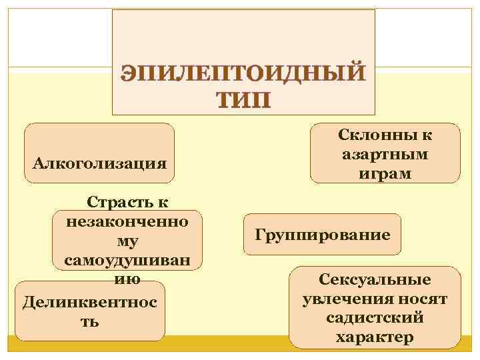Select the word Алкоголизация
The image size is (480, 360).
pyautogui.click(x=99, y=163)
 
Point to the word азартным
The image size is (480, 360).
pyautogui.click(x=385, y=155)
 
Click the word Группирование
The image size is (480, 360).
pyautogui.click(x=323, y=235)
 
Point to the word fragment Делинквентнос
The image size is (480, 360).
pyautogui.click(x=90, y=302)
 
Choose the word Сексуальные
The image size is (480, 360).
pyautogui.click(x=375, y=280)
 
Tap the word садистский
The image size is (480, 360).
pyautogui.click(x=375, y=318)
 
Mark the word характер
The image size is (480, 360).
pyautogui.click(x=375, y=337)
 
